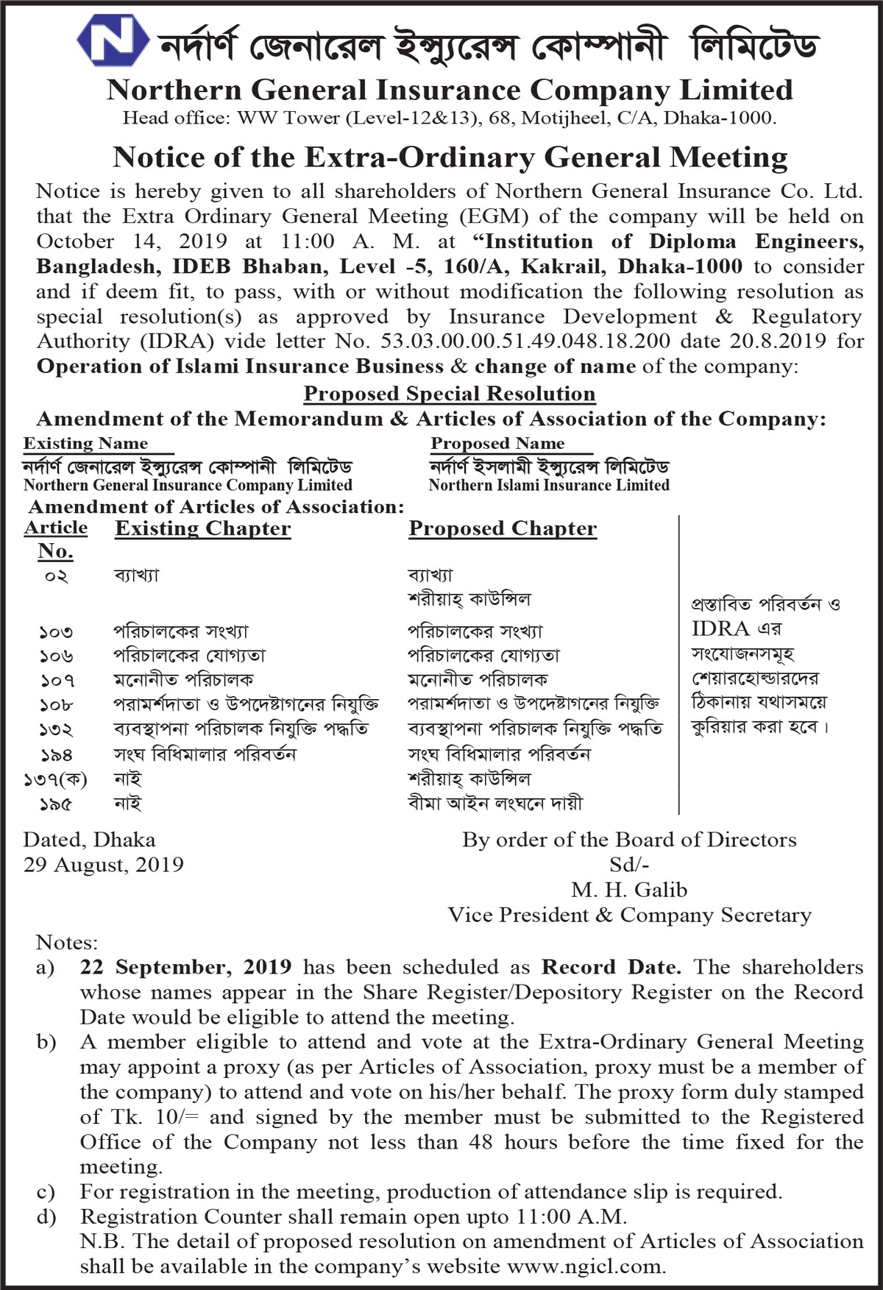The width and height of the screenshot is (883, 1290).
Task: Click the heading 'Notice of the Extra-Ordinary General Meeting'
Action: [450, 157]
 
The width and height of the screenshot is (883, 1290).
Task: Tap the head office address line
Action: [450, 118]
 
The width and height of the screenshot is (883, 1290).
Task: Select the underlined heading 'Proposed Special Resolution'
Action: [450, 394]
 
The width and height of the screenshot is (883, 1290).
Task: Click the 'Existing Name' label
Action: [85, 443]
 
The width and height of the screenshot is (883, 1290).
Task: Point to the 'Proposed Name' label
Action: [497, 443]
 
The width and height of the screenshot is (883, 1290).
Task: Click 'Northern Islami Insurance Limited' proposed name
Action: [549, 485]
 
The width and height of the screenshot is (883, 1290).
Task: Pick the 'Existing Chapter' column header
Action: [202, 528]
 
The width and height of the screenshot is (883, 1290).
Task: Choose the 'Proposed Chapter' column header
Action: [503, 528]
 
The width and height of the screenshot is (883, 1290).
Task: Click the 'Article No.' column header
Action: [55, 539]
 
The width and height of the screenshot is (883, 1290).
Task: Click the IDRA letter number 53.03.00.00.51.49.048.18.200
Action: [525, 341]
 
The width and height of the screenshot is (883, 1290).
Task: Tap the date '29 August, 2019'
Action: [103, 865]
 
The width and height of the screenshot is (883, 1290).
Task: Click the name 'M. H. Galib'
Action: [629, 890]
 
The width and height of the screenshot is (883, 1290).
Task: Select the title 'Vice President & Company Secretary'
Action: [629, 915]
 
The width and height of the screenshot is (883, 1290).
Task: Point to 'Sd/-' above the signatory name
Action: [629, 865]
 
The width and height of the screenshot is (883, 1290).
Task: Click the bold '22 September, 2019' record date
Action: [185, 967]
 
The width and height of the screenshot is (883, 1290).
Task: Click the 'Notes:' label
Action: [66, 943]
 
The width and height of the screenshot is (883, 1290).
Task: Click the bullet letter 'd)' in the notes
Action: [46, 1216]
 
